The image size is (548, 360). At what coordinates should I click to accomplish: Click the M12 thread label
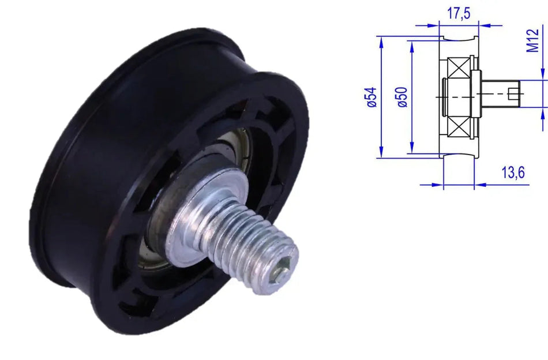coord(534,40)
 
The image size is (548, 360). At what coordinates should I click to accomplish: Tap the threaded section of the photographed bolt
coord(260,242)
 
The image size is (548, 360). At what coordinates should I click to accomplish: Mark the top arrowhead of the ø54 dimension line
coord(381,39)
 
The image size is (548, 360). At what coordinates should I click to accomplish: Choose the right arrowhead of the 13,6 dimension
coord(477,185)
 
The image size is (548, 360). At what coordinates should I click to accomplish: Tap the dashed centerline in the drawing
coord(461,97)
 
